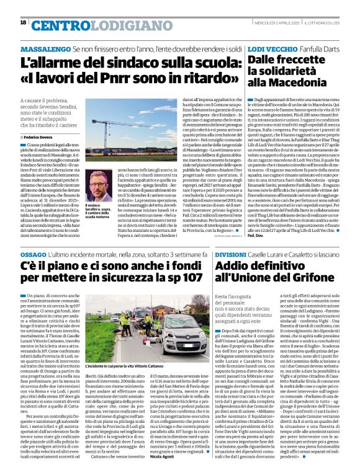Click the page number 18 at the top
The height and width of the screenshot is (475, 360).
23,22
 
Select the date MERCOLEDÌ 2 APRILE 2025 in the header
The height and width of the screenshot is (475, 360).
272,23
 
